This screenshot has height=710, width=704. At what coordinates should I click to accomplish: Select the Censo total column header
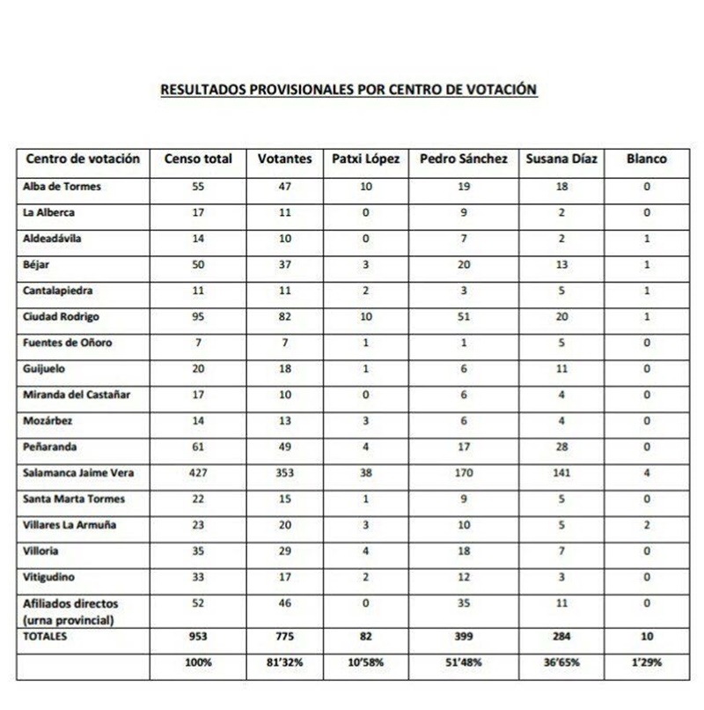tap(199, 159)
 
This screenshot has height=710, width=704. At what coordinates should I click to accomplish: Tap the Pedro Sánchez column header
tap(464, 159)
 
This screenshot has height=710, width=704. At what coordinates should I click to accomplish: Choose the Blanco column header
tap(646, 159)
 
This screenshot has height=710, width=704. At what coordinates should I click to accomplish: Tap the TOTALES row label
tap(47, 633)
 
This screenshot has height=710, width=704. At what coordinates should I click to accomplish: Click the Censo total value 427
tap(198, 473)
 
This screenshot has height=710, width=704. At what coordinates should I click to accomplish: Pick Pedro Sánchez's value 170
tap(464, 473)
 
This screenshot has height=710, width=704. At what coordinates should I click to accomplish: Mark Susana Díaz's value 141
tap(561, 473)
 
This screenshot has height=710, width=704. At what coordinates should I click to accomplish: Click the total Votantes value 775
tap(285, 633)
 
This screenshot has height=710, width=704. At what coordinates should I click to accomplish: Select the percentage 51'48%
tap(464, 661)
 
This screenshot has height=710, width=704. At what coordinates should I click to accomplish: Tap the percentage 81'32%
tap(285, 661)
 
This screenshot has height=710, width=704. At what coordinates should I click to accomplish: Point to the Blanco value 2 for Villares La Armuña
tap(646, 525)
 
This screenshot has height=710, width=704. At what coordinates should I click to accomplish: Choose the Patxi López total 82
tap(366, 633)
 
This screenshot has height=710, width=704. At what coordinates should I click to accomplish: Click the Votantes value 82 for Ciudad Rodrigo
tap(285, 317)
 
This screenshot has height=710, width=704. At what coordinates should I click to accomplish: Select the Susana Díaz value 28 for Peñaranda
tap(561, 447)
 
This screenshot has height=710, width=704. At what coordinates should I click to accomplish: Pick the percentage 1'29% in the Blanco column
tap(646, 661)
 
